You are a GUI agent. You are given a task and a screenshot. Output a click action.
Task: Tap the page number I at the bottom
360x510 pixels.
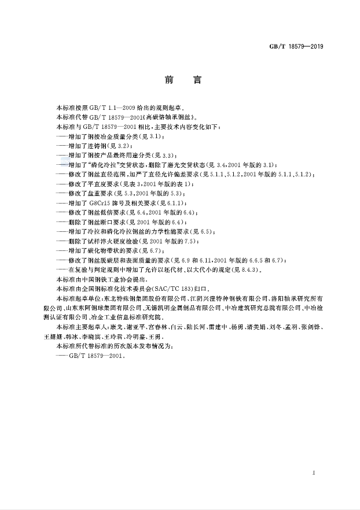coord(313,473)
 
